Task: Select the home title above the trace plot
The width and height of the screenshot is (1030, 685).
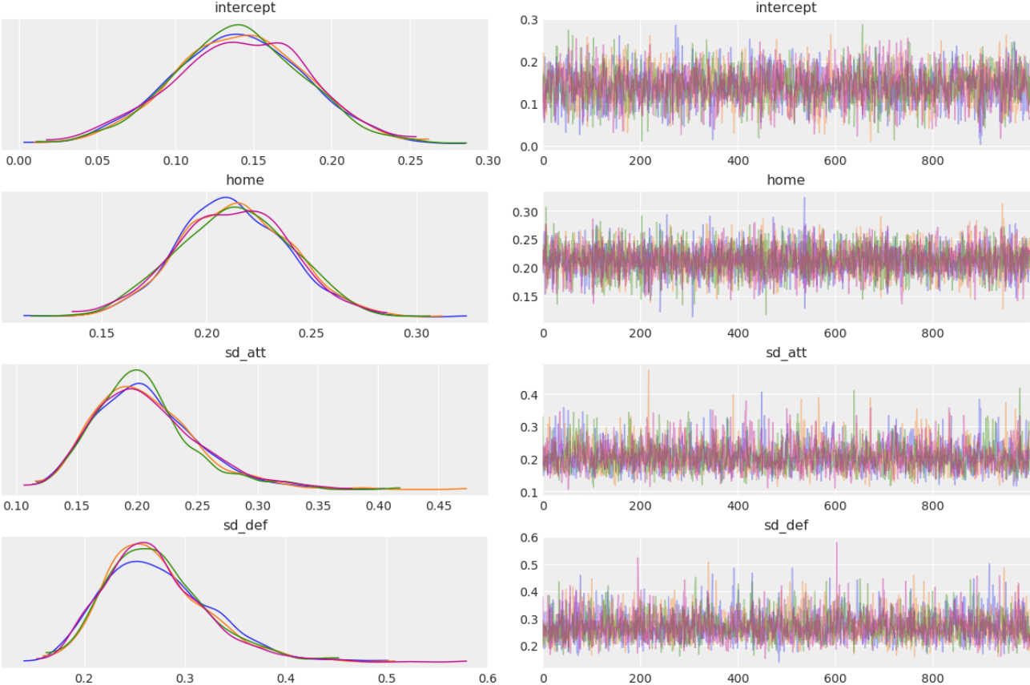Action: [x=786, y=180]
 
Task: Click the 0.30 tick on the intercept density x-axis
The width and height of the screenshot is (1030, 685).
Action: [x=488, y=160]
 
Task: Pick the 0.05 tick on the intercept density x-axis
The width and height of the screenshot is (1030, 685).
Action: [x=97, y=160]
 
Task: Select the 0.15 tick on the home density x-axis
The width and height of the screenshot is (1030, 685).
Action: [x=102, y=332]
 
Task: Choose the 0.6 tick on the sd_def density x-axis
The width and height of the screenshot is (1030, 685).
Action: [x=488, y=678]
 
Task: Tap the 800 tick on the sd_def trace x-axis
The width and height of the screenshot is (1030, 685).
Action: [x=933, y=678]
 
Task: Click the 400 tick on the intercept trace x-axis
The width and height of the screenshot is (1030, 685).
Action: [x=738, y=160]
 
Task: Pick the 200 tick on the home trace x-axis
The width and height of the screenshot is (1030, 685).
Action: [x=641, y=332]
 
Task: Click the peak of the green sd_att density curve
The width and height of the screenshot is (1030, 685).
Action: [x=138, y=370]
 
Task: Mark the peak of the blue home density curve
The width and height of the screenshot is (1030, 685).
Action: [x=227, y=197]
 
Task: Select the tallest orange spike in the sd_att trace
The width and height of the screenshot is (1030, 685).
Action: [x=649, y=370]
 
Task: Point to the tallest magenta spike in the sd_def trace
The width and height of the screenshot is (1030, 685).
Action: [x=836, y=542]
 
